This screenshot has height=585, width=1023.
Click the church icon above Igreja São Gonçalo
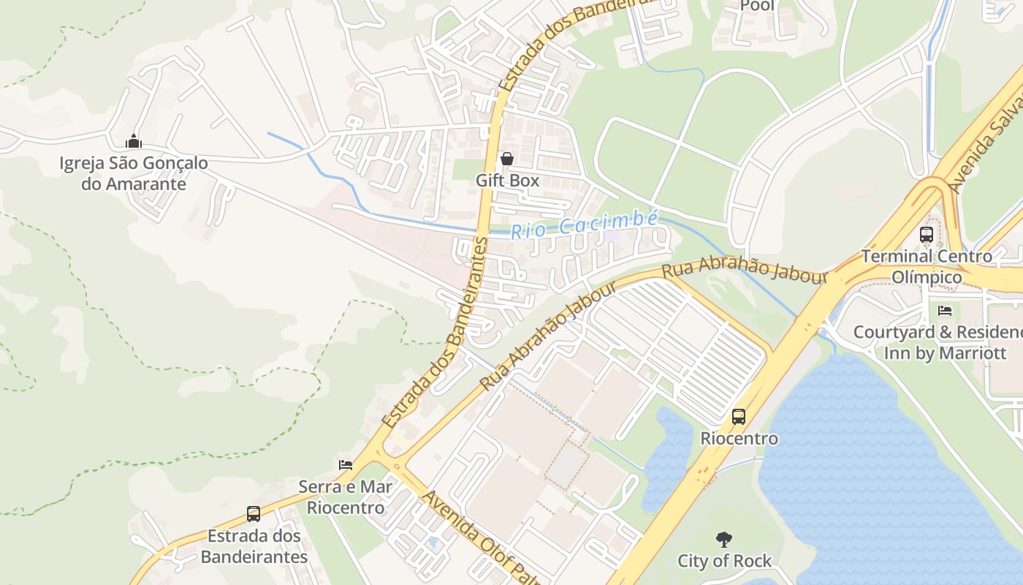[x=133, y=140]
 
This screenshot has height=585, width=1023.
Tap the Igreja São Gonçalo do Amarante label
[x=134, y=173]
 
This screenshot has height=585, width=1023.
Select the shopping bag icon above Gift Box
[x=507, y=159]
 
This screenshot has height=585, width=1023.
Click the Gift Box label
[x=507, y=180]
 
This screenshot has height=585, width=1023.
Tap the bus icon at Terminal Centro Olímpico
[x=927, y=235]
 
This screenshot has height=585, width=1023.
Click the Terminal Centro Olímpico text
[x=927, y=267]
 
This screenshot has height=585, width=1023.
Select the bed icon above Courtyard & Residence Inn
[x=945, y=311]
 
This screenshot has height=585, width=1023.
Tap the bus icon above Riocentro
[x=739, y=417]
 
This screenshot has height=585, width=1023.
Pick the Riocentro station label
[x=739, y=439]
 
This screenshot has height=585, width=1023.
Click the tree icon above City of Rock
[x=724, y=540]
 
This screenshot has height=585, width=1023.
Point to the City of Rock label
[x=724, y=561]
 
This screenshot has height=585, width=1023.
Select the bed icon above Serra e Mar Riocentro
[x=346, y=464]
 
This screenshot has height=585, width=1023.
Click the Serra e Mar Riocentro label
[x=346, y=497]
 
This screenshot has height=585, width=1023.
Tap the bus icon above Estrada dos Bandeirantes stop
[x=254, y=514]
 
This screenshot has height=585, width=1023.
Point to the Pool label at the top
[x=757, y=6]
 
